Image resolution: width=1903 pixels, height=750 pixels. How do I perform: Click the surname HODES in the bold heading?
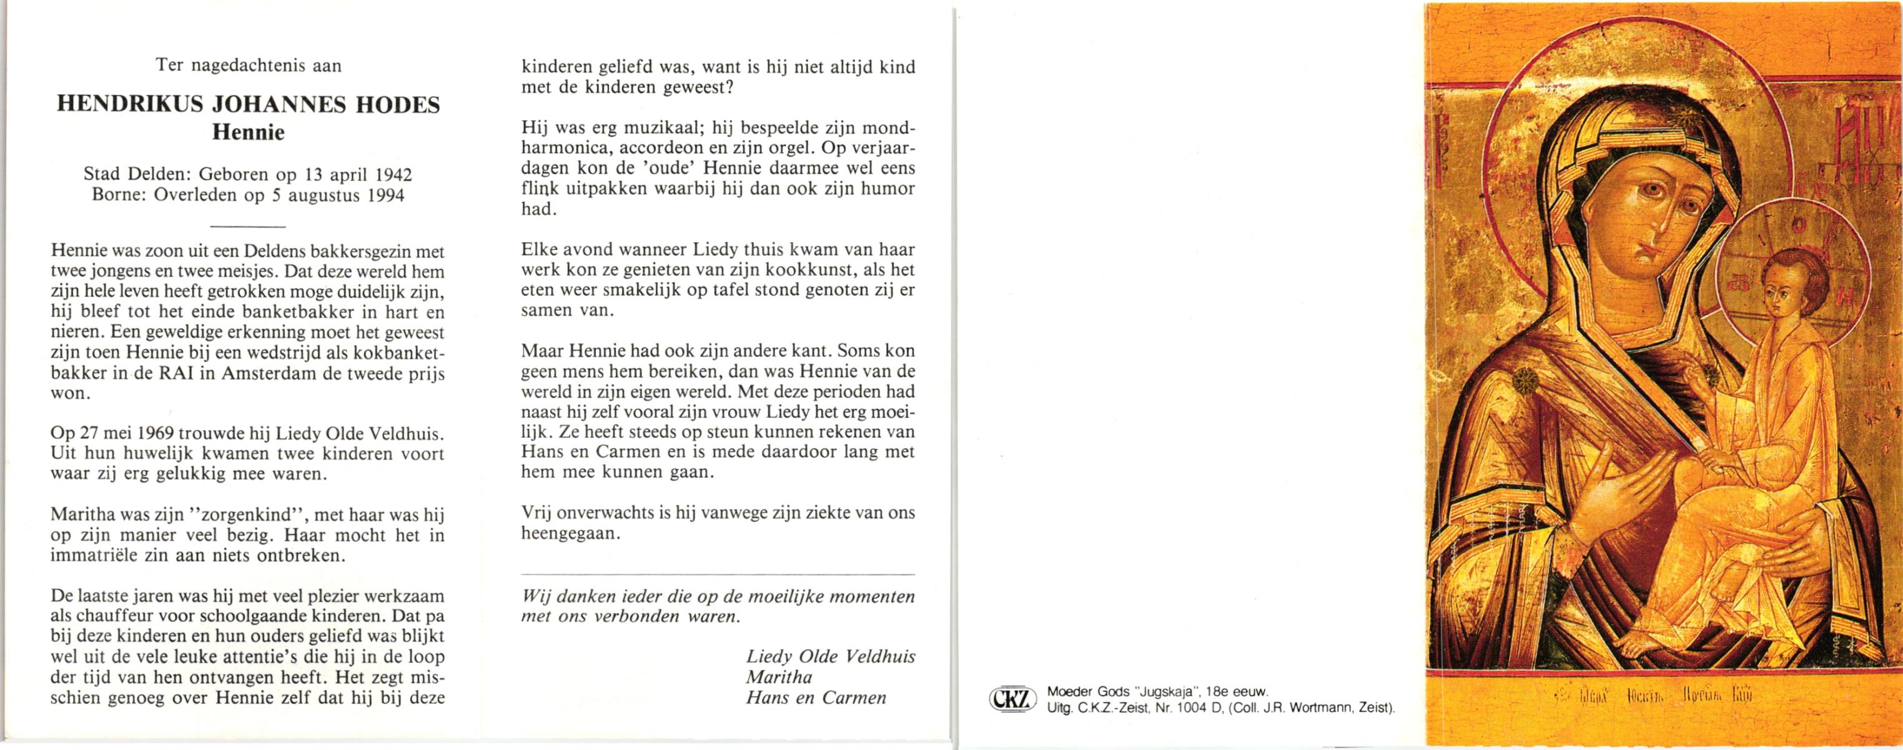398,105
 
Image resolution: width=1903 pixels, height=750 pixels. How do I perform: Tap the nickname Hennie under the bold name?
248,133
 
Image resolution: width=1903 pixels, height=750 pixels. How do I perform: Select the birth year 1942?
393,175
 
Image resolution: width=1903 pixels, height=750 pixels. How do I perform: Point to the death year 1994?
385,196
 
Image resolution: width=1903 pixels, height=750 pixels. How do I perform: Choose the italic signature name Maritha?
779,677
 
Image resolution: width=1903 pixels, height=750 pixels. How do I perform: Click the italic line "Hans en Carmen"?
816,697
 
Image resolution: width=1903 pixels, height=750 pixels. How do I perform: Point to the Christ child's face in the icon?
1782,300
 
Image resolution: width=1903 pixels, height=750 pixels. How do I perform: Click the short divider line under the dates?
247,226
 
